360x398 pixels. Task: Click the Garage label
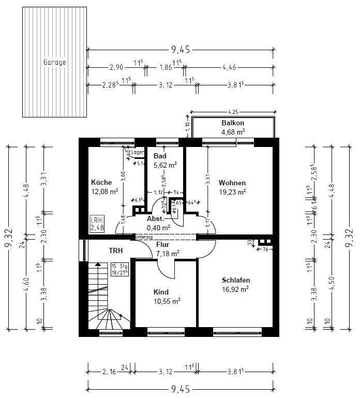pyautogui.click(x=54, y=62)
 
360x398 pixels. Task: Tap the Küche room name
pyautogui.click(x=101, y=183)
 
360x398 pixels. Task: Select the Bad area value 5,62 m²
pyautogui.click(x=165, y=166)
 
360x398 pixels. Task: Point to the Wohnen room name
pyautogui.click(x=232, y=183)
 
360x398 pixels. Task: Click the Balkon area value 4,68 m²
pyautogui.click(x=233, y=132)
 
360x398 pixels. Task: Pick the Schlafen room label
pyautogui.click(x=235, y=280)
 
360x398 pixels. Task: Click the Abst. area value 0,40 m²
pyautogui.click(x=158, y=227)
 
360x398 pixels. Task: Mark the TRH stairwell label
pyautogui.click(x=115, y=250)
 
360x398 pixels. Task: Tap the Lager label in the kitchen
pyautogui.click(x=137, y=152)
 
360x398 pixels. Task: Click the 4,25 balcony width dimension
pyautogui.click(x=233, y=111)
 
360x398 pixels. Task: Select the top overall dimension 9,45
pyautogui.click(x=181, y=50)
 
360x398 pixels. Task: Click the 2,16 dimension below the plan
pyautogui.click(x=109, y=371)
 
